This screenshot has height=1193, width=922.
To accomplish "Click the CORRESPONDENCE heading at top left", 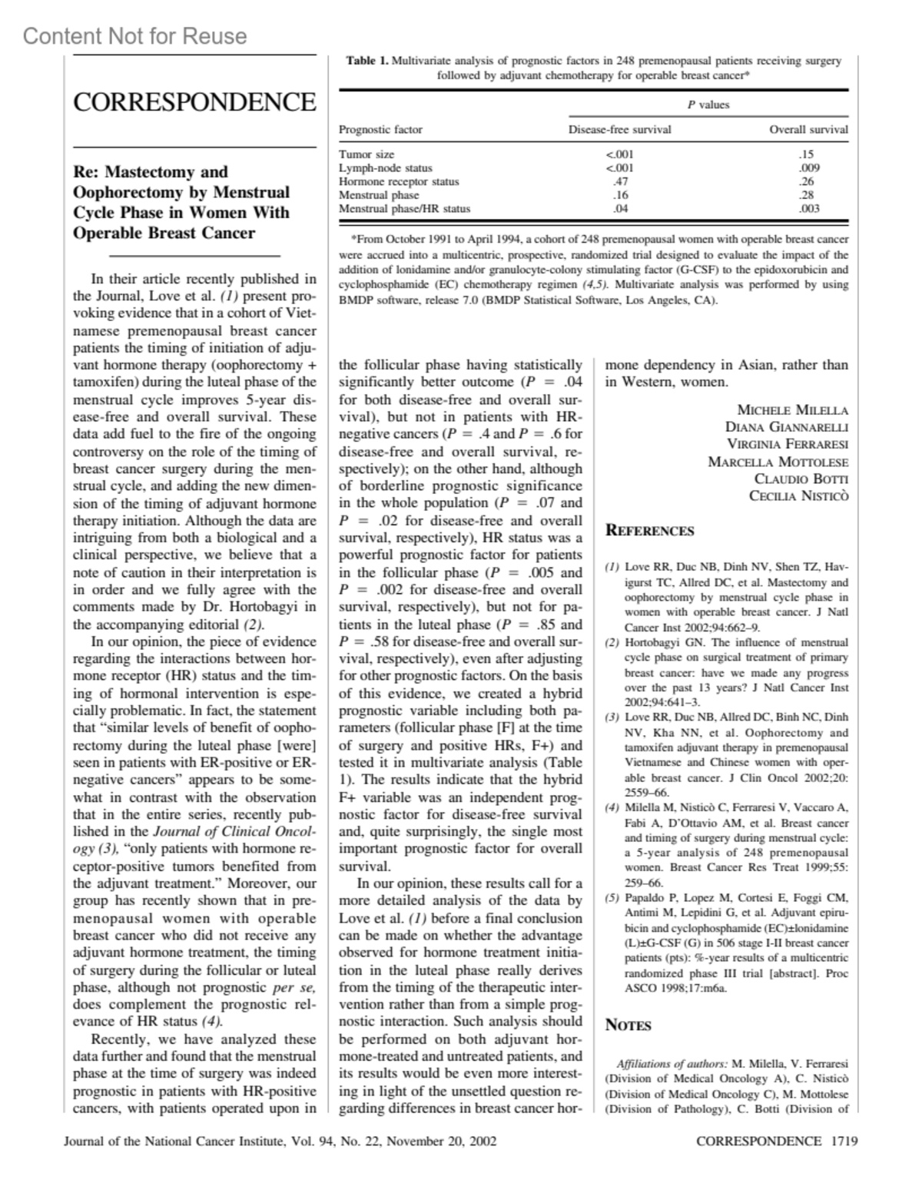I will [194, 102].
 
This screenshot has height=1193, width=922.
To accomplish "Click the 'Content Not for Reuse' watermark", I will [135, 36].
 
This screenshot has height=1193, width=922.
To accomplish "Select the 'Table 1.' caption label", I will [368, 61].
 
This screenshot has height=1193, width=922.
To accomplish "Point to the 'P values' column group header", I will [708, 105].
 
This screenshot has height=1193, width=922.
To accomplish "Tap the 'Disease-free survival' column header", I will [619, 130].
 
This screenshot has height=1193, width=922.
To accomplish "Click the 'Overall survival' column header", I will [808, 130].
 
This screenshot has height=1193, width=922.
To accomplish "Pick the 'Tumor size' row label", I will [366, 154].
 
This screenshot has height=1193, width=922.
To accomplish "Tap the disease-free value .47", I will [619, 181].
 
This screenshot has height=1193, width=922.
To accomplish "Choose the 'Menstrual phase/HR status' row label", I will [404, 208].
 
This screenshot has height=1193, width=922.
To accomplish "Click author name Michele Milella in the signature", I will [792, 410].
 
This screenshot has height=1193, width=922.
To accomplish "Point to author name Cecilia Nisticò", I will [798, 496].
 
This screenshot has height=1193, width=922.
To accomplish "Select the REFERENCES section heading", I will [649, 531].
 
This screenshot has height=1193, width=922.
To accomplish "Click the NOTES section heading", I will [628, 1026].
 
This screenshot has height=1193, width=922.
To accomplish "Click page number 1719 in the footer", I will [844, 1141].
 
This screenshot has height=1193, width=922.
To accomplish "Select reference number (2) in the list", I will [612, 642].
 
